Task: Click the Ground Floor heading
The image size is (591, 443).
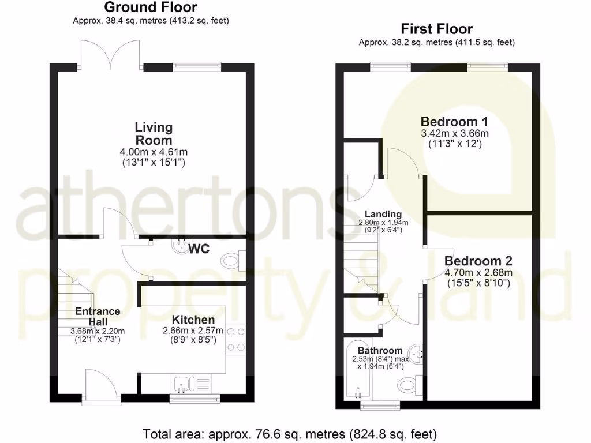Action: point(151,7)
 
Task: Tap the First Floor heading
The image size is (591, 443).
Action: point(436,29)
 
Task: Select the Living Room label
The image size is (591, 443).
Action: point(154,133)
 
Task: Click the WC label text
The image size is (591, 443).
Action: point(199,249)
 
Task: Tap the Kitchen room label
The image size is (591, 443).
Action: point(193,320)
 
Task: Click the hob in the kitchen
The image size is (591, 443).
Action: point(235,340)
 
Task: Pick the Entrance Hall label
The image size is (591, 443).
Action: point(98,316)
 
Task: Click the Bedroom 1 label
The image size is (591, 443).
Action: point(454,122)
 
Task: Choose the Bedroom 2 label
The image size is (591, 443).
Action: point(478,260)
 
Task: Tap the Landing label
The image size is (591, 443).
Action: point(383,215)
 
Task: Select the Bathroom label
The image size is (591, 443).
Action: point(379,350)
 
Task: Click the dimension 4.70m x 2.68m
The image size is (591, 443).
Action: point(478,272)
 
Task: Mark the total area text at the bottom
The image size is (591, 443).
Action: point(290,433)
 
